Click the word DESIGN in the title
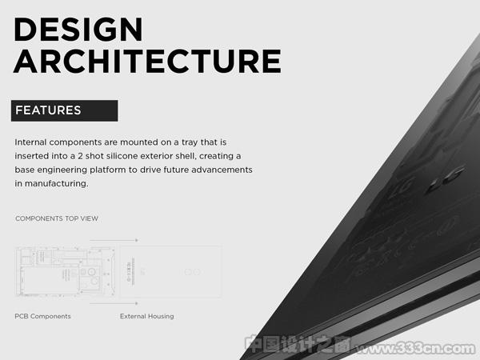(x=78, y=30)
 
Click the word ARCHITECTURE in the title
(x=147, y=62)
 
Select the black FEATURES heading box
(x=64, y=110)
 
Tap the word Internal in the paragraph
(x=30, y=142)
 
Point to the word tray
(x=190, y=142)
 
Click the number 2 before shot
(x=80, y=156)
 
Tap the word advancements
(x=222, y=170)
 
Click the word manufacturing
(x=56, y=184)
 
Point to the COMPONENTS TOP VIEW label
(x=57, y=218)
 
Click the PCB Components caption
(x=42, y=316)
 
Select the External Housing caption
(x=147, y=316)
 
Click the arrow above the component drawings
(x=114, y=240)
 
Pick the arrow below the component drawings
(x=114, y=303)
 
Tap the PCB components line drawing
(x=66, y=271)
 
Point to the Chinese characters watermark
(x=298, y=345)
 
